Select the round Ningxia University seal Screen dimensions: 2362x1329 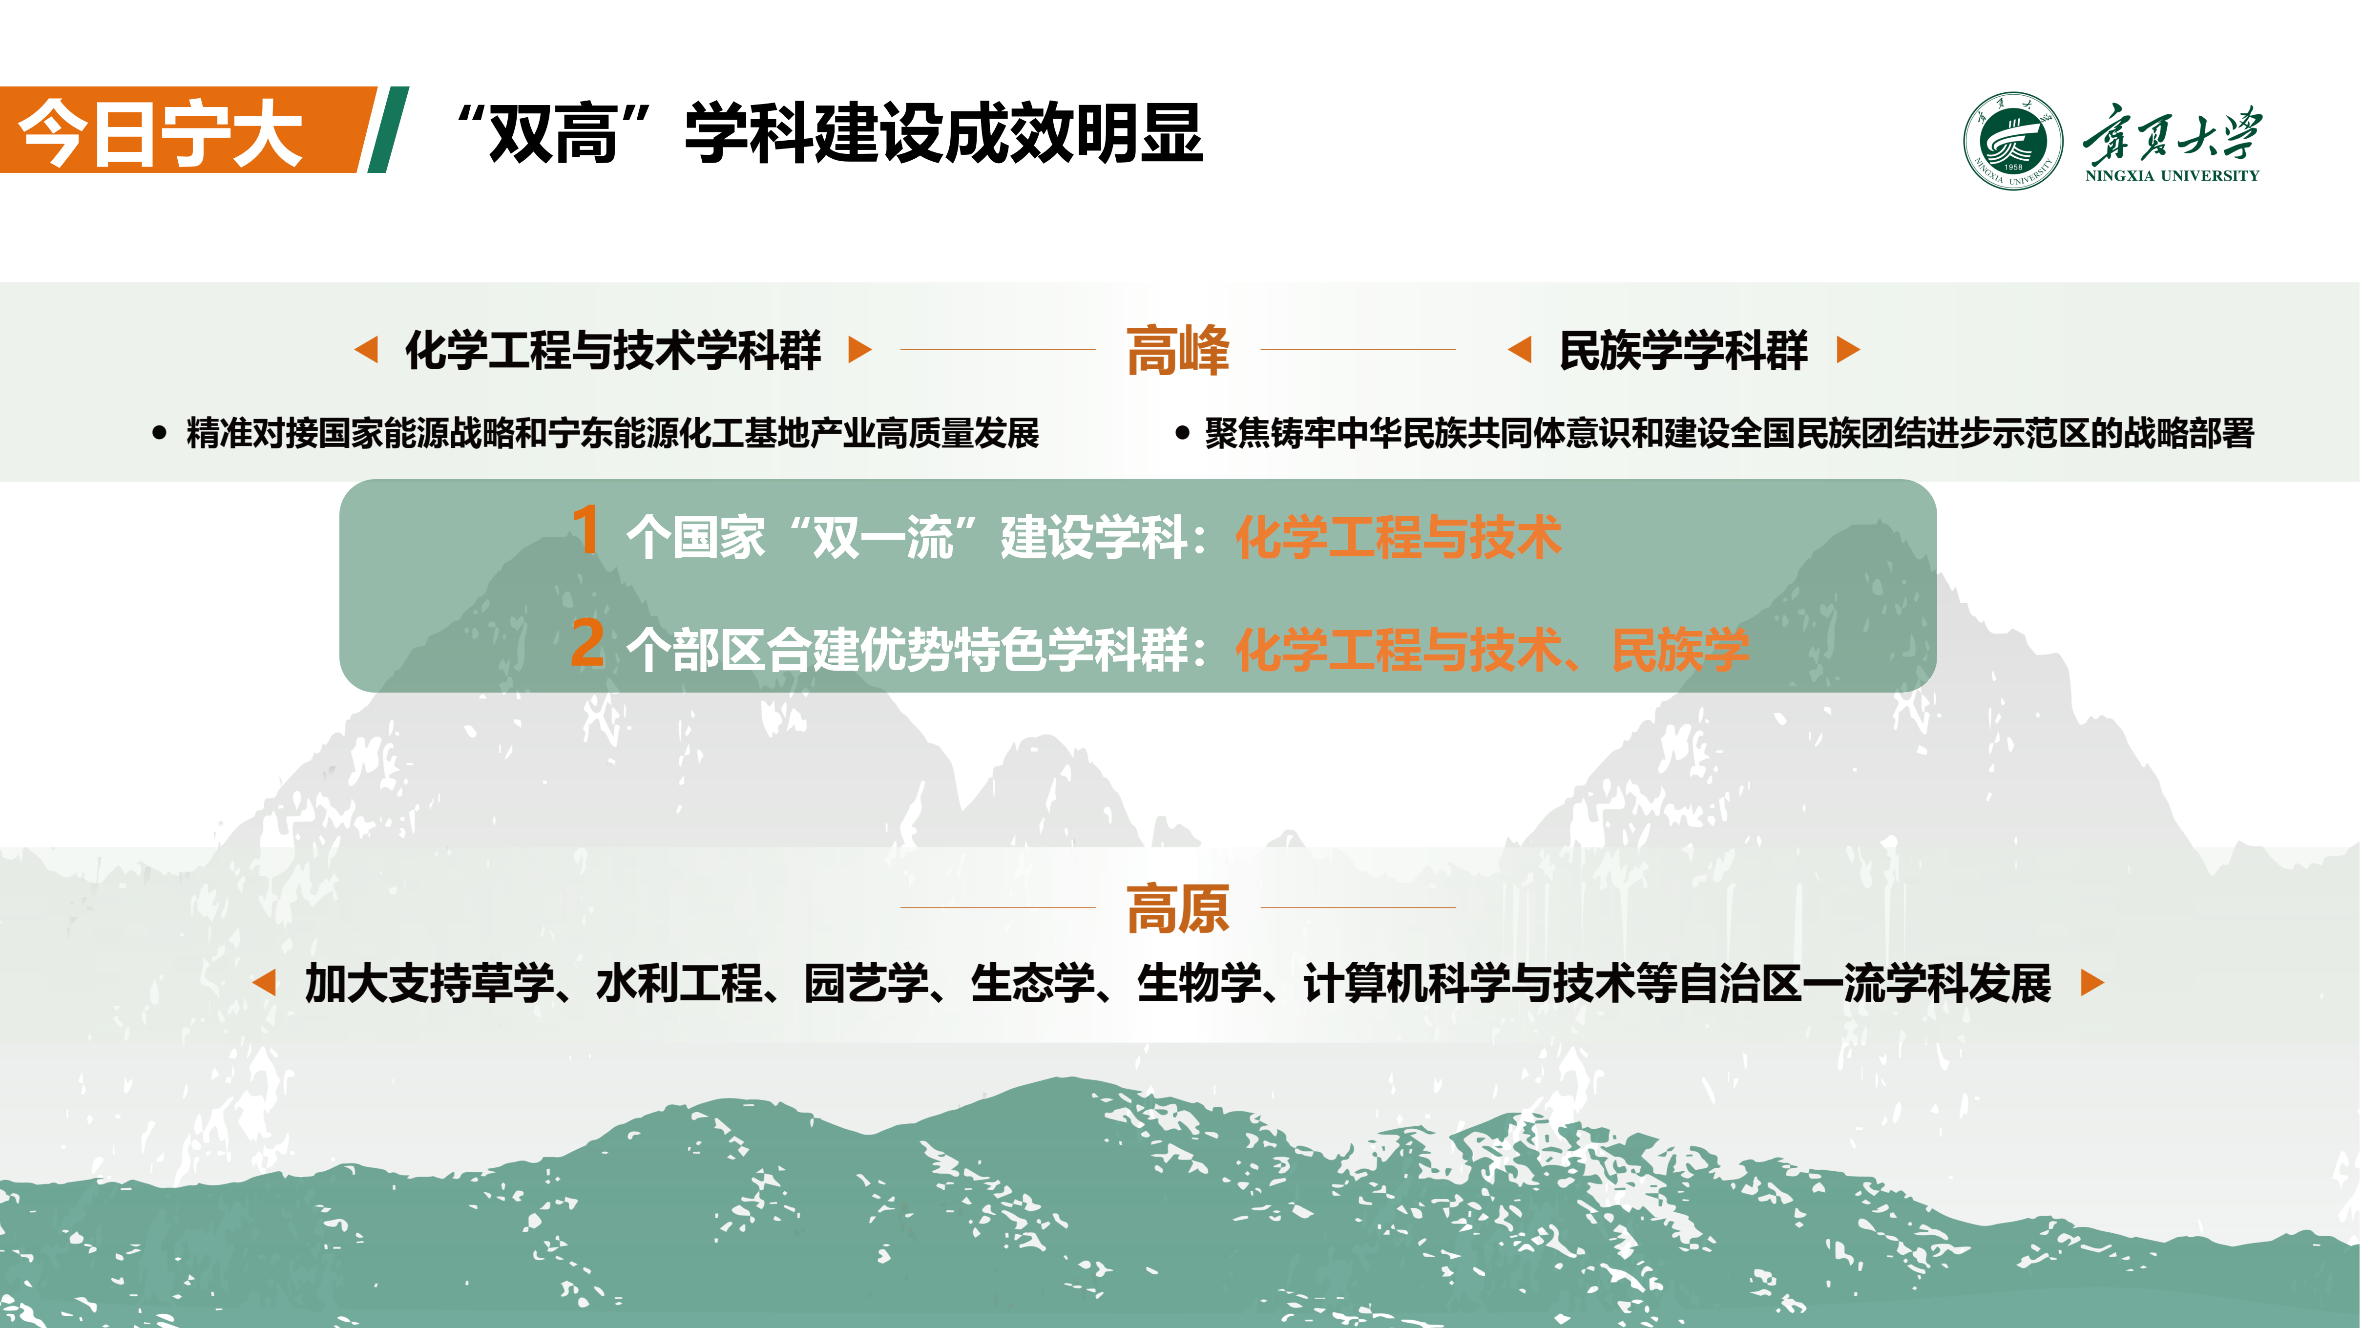[x=2013, y=140]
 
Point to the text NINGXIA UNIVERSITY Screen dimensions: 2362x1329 [x=2172, y=175]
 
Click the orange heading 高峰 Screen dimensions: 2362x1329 [x=1177, y=350]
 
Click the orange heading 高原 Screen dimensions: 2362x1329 [x=1177, y=909]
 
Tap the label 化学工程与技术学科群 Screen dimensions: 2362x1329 [x=612, y=350]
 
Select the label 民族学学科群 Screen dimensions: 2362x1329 [x=1683, y=350]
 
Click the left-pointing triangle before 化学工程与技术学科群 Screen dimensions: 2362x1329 [x=367, y=349]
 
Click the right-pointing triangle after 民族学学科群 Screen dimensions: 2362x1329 [x=1848, y=349]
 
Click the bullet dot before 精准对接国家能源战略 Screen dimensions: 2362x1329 [x=160, y=433]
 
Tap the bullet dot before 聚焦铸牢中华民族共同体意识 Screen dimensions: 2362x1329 [x=1182, y=433]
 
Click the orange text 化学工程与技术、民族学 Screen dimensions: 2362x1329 [x=1492, y=650]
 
